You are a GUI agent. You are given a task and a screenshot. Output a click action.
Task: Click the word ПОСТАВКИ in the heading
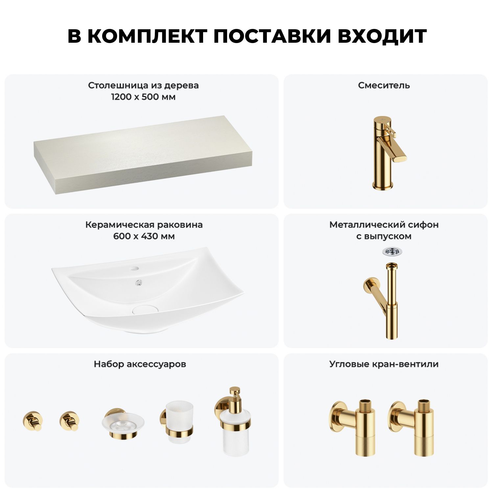click(272, 36)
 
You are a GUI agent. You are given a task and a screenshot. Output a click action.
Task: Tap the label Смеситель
click(384, 85)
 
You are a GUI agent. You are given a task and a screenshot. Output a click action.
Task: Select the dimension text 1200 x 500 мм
click(143, 97)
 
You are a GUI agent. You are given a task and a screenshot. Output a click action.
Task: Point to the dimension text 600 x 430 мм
click(144, 236)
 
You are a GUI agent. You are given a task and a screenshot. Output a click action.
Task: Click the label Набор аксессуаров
click(140, 364)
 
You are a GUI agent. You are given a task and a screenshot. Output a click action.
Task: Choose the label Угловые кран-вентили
click(384, 364)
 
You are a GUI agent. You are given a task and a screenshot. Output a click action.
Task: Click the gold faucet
click(388, 153)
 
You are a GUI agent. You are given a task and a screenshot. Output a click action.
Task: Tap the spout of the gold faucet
click(396, 151)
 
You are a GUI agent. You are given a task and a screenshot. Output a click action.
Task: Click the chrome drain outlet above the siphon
click(392, 252)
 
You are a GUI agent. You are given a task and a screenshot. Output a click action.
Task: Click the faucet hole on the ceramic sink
click(134, 269)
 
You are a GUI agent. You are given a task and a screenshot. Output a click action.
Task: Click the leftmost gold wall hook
click(33, 421)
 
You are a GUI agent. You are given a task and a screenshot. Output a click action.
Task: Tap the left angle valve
click(353, 427)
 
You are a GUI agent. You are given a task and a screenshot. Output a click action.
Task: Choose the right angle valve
click(412, 427)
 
